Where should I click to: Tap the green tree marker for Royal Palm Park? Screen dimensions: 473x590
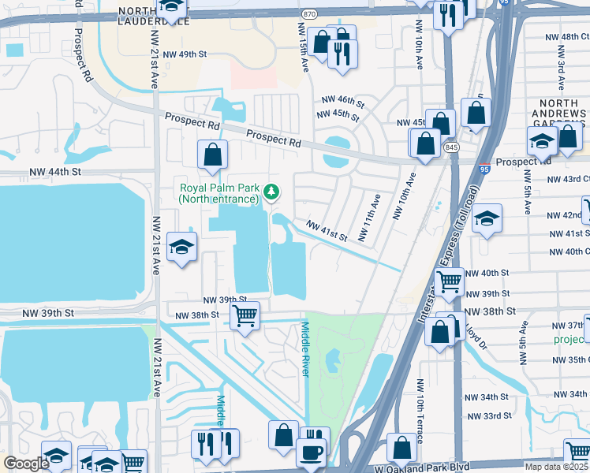pyautogui.click(x=271, y=190)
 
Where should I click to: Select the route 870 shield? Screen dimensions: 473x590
pyautogui.click(x=311, y=14)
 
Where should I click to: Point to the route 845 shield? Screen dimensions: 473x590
pyautogui.click(x=450, y=147)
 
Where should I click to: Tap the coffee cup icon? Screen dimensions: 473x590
pyautogui.click(x=310, y=453)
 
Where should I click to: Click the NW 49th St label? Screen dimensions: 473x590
pyautogui.click(x=181, y=54)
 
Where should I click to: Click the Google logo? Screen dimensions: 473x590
pyautogui.click(x=26, y=463)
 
